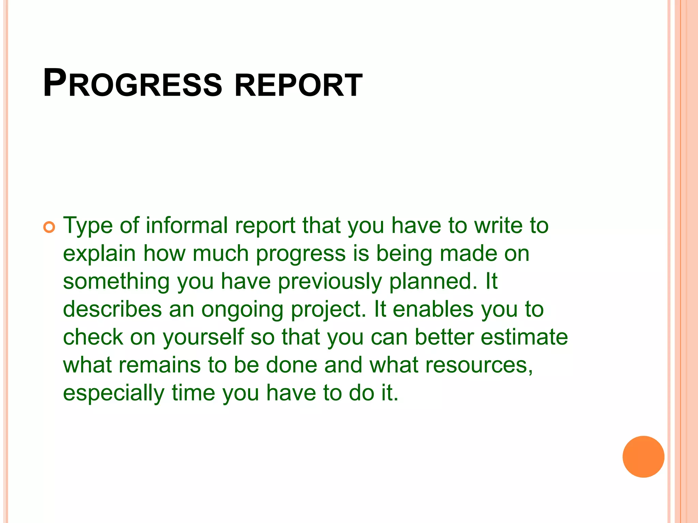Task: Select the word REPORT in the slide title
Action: coord(299,85)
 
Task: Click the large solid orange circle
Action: coord(643,457)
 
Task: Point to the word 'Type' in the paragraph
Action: coord(88,226)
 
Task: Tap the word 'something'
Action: coord(116,282)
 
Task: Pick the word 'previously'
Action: coord(330,282)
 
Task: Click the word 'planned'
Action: coord(433,282)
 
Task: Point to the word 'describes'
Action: coord(112,310)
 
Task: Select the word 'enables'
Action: coord(433,310)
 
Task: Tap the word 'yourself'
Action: coord(203,338)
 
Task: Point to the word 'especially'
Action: coord(113,394)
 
